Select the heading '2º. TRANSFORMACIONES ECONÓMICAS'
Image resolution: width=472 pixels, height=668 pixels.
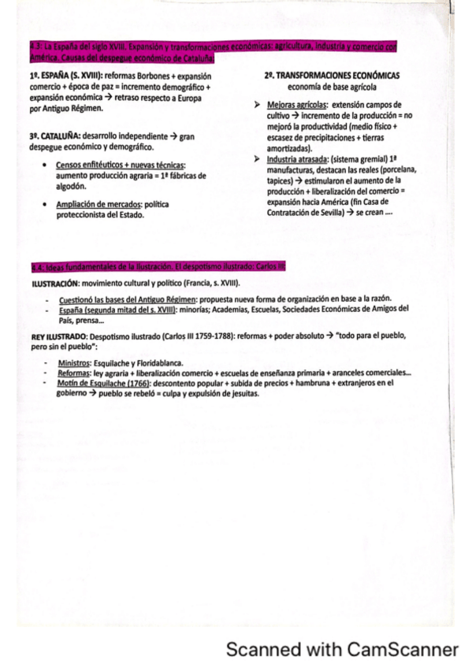(333, 75)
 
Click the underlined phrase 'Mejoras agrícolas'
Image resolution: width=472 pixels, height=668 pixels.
(296, 103)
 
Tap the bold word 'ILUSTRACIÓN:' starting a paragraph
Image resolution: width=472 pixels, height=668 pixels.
(49, 282)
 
